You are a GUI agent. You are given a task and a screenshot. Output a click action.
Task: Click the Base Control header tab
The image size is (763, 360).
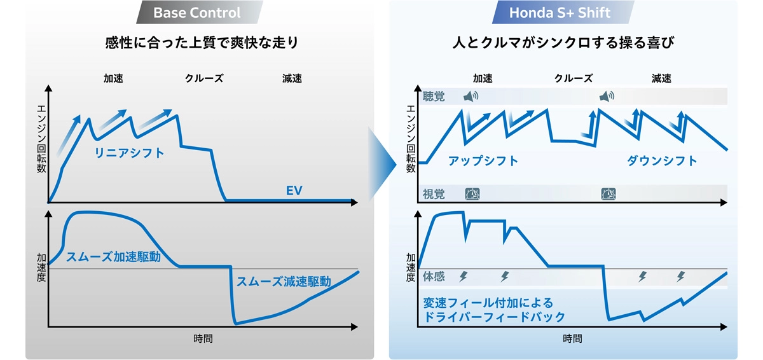(x=196, y=13)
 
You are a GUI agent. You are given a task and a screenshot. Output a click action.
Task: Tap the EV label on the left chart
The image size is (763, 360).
(x=293, y=190)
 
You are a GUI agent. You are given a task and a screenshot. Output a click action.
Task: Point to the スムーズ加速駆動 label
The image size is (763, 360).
(x=113, y=257)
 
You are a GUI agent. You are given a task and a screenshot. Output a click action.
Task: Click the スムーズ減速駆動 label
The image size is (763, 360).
(x=284, y=281)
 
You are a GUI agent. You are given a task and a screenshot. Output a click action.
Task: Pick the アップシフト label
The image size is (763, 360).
(x=483, y=160)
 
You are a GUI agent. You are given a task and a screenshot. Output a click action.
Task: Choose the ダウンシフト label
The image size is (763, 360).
(x=662, y=160)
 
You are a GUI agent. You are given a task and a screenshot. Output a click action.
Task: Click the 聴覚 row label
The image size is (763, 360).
(x=434, y=97)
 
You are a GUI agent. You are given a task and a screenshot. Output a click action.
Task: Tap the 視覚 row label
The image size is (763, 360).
(x=434, y=194)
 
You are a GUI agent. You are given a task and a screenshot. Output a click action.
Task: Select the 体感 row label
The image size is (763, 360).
(x=434, y=277)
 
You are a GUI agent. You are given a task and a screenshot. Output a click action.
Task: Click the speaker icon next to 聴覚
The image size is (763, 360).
(x=471, y=97)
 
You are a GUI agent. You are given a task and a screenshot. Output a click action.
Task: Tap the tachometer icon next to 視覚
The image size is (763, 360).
(x=472, y=194)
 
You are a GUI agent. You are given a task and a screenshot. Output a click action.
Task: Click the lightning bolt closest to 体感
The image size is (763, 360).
(x=463, y=277)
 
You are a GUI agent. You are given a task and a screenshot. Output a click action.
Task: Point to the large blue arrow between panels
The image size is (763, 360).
(x=381, y=164)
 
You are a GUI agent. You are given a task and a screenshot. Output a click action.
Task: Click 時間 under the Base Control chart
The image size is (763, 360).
(x=203, y=338)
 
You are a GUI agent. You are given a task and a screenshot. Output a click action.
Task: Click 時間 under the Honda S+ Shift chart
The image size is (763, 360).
(x=572, y=338)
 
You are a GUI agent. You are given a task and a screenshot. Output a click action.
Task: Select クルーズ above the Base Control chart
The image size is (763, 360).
(x=204, y=79)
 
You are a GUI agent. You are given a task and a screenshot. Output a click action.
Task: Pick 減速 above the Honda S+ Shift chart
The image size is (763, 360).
(x=661, y=79)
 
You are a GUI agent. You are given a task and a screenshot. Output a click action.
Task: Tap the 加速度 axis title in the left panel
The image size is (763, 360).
(x=41, y=268)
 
